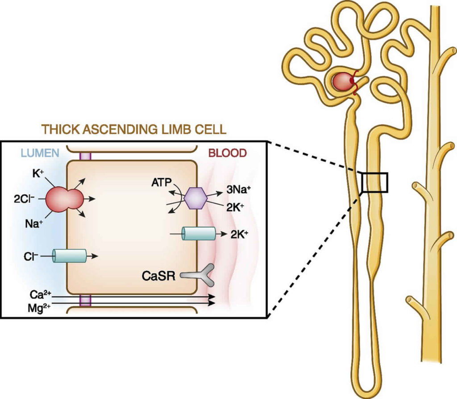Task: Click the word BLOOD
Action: (228, 153)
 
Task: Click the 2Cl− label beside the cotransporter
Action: (24, 199)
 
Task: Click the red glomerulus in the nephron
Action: (342, 82)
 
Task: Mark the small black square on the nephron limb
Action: (375, 182)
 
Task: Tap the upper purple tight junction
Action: (84, 156)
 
